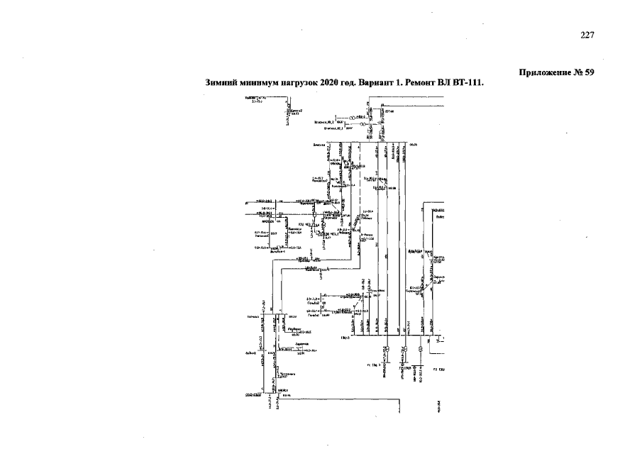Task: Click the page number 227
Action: (586, 36)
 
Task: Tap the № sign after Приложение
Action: (578, 72)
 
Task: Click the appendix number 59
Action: (590, 72)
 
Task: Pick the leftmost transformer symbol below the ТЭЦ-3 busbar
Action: (387, 349)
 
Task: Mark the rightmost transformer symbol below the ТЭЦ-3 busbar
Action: (421, 349)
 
